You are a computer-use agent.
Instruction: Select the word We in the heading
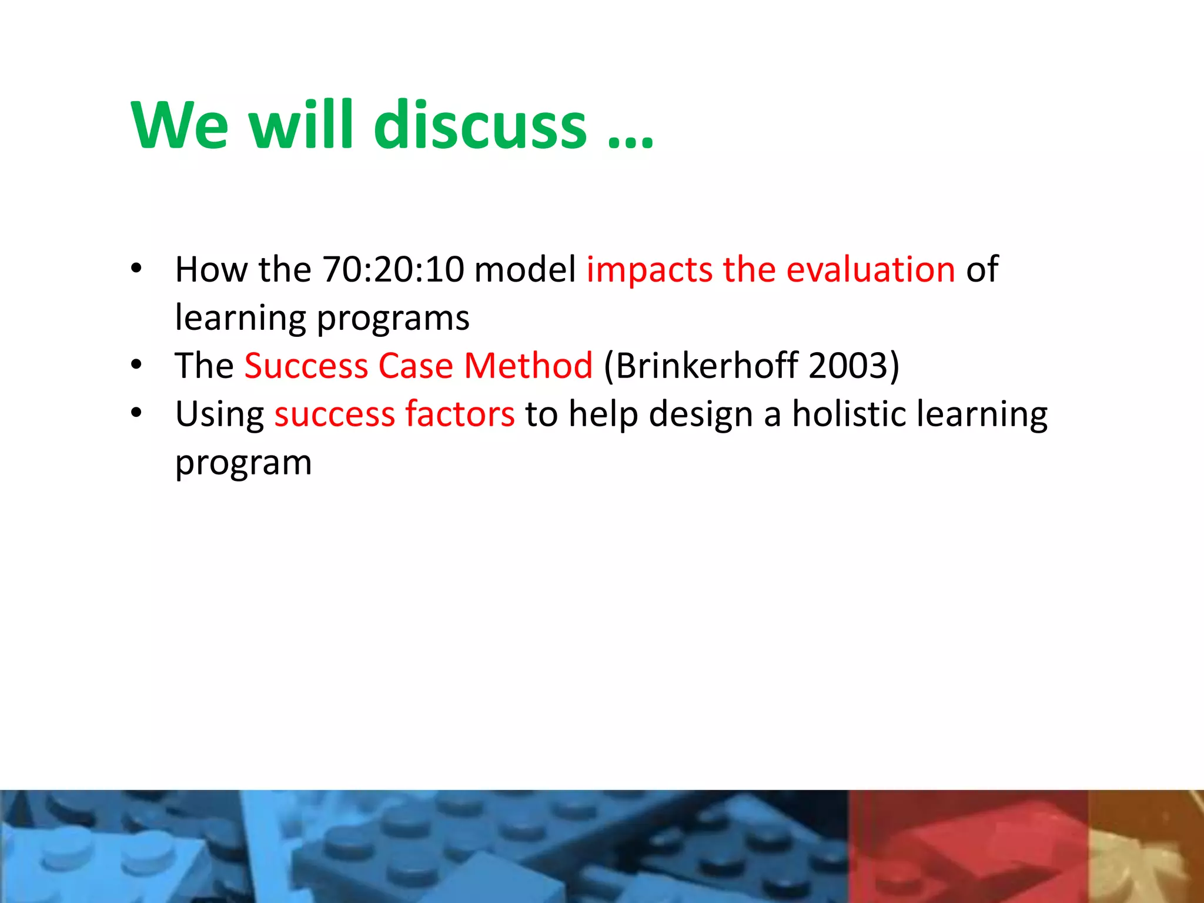click(179, 125)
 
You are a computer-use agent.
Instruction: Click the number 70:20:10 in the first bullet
click(393, 269)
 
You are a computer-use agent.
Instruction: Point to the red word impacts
click(649, 270)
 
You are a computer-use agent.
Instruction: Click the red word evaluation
click(870, 269)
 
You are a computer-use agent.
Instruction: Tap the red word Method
click(528, 366)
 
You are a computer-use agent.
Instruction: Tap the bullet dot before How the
click(136, 269)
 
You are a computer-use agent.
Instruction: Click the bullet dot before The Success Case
click(136, 365)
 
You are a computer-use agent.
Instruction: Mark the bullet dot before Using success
click(136, 413)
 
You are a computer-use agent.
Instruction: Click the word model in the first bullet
click(524, 269)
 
